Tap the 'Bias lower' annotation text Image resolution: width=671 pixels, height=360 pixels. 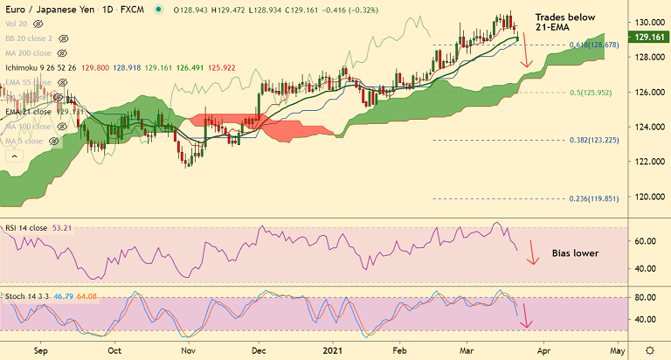pos(575,253)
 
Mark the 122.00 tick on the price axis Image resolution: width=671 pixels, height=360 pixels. pos(647,162)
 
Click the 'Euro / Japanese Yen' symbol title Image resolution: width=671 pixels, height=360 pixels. pos(45,10)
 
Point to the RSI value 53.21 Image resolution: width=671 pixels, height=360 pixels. pos(61,228)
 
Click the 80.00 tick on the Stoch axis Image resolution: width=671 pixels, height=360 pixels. pos(646,298)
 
